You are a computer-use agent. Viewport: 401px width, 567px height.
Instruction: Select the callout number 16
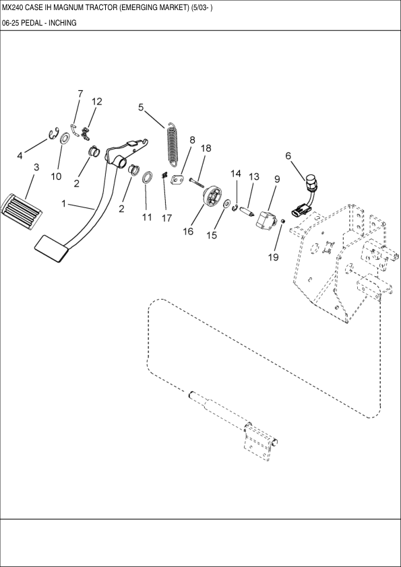pyautogui.click(x=188, y=231)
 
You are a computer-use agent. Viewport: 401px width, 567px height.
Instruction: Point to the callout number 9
pyautogui.click(x=276, y=179)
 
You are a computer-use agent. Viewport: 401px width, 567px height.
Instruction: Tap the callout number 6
pyautogui.click(x=288, y=156)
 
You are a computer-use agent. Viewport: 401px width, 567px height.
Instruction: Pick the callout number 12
pyautogui.click(x=97, y=102)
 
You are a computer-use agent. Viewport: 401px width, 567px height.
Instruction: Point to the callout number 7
pyautogui.click(x=80, y=94)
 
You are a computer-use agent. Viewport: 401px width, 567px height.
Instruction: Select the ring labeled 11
pyautogui.click(x=146, y=178)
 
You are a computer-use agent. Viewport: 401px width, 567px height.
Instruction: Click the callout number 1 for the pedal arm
pyautogui.click(x=64, y=203)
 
